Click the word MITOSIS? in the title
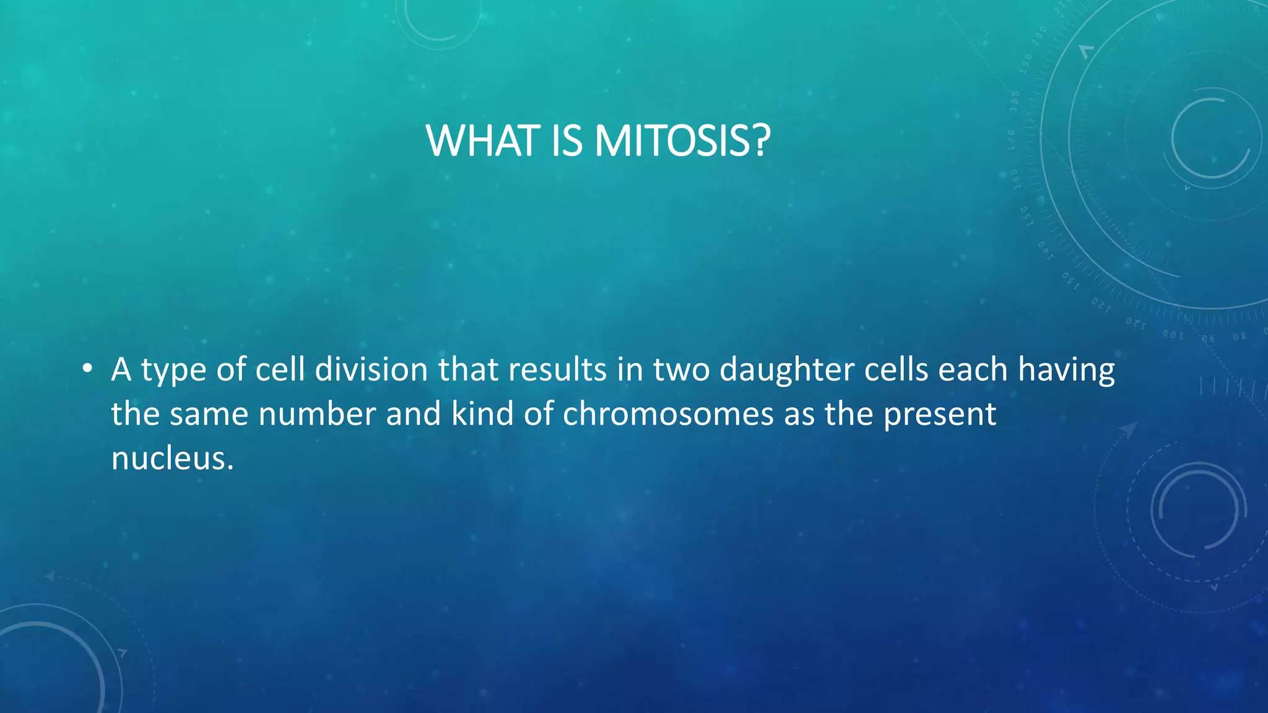click(682, 141)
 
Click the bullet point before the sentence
click(87, 369)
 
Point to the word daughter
click(786, 370)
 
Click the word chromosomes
click(668, 414)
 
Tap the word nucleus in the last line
click(172, 459)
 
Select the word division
click(371, 370)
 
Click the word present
click(939, 415)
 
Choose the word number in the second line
click(317, 414)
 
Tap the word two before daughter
click(681, 370)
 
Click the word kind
click(482, 414)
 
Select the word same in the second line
click(208, 414)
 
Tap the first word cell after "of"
click(280, 370)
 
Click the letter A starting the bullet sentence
click(121, 370)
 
